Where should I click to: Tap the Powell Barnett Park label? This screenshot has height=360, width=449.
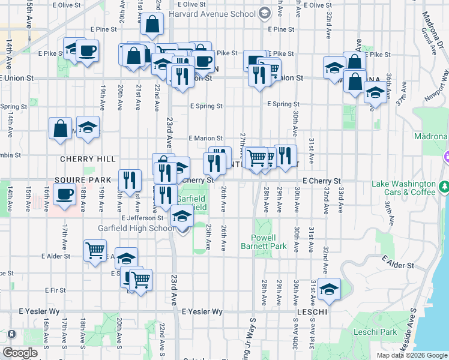click(x=264, y=242)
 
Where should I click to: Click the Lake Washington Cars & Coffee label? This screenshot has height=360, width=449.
click(x=403, y=188)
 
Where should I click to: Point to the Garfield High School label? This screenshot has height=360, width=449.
click(x=136, y=228)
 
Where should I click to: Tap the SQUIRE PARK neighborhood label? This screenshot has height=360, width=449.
click(x=83, y=180)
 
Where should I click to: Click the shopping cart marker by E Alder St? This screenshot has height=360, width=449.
click(x=95, y=251)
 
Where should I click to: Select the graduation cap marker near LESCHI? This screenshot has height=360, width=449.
click(x=329, y=289)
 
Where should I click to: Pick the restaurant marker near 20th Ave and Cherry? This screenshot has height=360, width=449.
click(x=129, y=179)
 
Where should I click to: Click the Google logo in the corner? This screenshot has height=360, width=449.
click(x=20, y=353)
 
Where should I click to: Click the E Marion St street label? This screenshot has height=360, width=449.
click(x=206, y=139)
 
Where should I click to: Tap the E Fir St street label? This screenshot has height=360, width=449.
click(x=55, y=290)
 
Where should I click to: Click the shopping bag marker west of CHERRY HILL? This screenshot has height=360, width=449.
click(x=61, y=128)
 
